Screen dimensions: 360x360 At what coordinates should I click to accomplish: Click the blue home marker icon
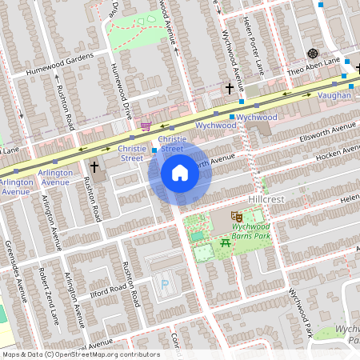coord(180,173)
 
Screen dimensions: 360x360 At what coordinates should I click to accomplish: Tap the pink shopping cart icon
coord(146,126)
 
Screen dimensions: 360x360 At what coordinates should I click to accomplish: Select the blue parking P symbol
coord(166,284)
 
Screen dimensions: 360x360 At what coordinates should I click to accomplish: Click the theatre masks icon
coord(237,216)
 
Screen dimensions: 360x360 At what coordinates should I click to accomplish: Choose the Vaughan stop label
coord(334,95)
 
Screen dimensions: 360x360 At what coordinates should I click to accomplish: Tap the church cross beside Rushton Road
coord(94,166)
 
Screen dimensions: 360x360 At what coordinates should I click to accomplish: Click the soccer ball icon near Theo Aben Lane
coord(313,54)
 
